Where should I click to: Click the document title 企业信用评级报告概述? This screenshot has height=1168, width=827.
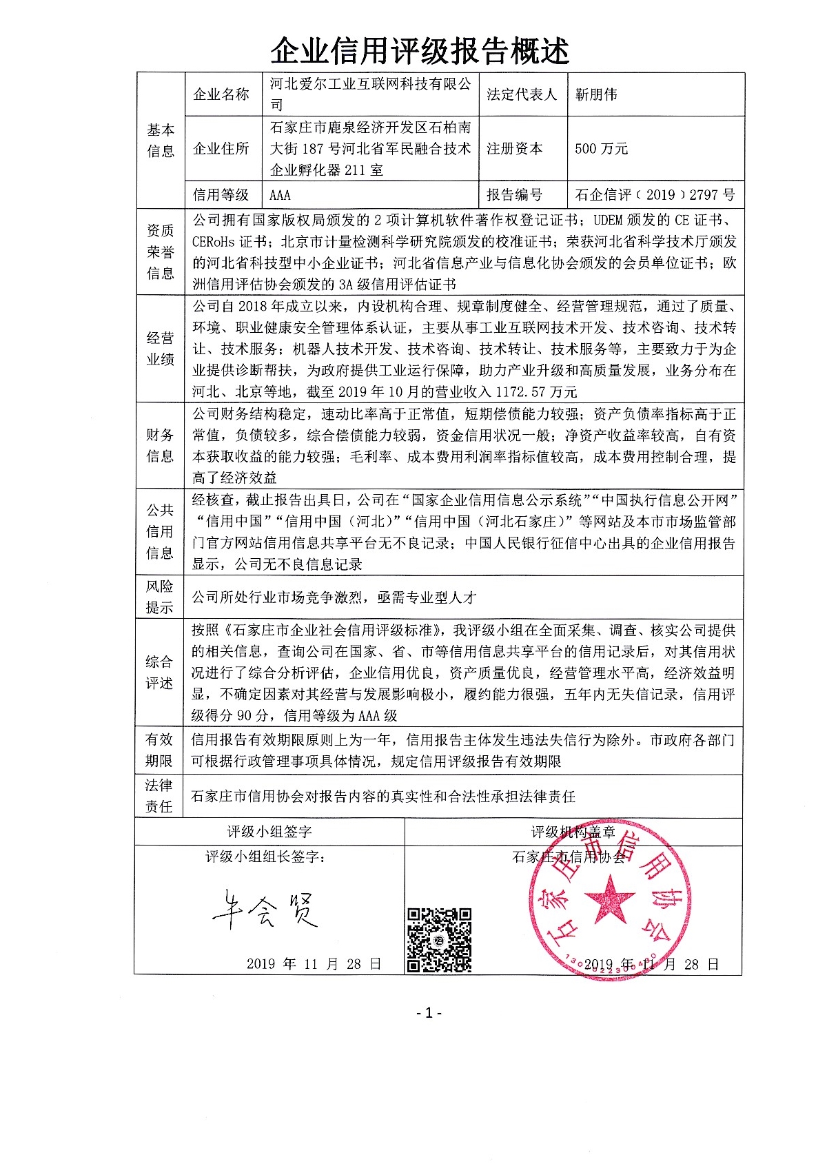tap(420, 51)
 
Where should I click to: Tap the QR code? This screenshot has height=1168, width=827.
tap(439, 940)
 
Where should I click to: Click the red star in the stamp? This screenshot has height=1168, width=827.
tap(609, 899)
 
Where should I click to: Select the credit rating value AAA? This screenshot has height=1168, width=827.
tap(280, 195)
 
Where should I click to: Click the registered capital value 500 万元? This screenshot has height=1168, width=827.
tap(601, 149)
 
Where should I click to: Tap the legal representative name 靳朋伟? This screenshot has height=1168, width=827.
tap(596, 94)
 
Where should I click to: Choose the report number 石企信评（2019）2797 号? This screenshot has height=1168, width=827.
tap(655, 195)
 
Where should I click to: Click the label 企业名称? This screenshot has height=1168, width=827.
tap(221, 94)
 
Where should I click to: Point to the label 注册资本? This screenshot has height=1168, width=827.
tap(514, 149)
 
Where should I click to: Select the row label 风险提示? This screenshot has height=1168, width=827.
tap(159, 597)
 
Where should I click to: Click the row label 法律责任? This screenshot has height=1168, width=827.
tap(159, 796)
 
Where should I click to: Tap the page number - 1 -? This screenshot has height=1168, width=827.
tap(429, 1012)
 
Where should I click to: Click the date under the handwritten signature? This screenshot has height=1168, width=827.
tap(314, 964)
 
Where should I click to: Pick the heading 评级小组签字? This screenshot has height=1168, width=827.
tap(269, 832)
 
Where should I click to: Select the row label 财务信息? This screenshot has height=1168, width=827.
tap(160, 445)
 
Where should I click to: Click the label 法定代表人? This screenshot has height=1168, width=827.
tap(521, 94)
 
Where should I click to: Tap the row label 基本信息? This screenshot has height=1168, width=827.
tap(161, 140)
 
